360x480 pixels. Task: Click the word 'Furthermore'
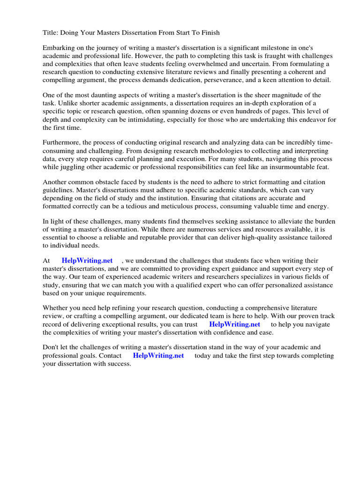coord(62,143)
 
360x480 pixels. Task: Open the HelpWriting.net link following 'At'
coord(87,261)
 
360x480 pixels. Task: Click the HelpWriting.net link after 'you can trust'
coord(234,324)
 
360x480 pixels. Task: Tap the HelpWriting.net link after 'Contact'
coord(158,356)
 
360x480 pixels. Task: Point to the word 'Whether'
coord(56,308)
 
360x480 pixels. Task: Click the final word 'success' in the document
coord(119,364)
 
